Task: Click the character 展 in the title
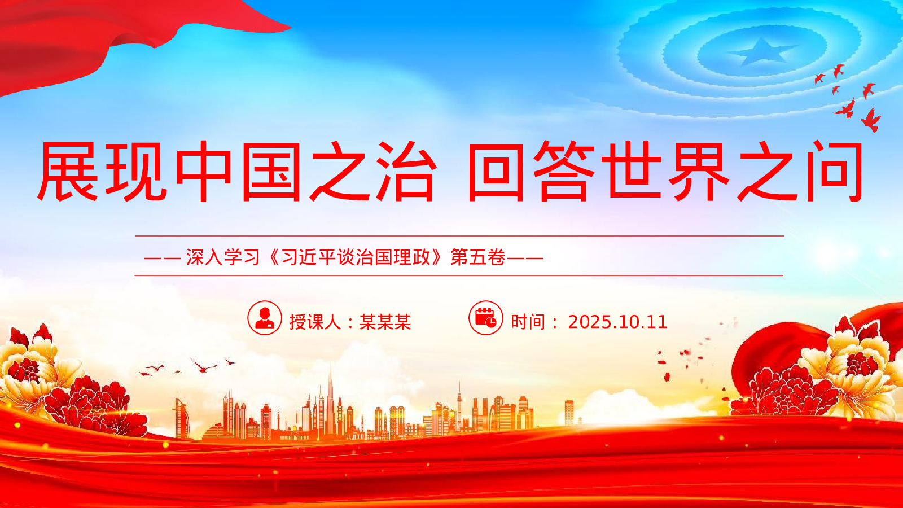click(68, 172)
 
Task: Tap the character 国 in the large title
click(271, 172)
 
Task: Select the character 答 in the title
click(564, 172)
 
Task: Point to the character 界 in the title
click(699, 172)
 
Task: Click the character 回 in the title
click(496, 172)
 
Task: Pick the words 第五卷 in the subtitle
click(477, 257)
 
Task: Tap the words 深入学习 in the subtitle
click(222, 257)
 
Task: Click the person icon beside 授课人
click(265, 318)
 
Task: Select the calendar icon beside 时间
click(486, 318)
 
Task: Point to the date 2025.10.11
click(617, 322)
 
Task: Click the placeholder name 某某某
click(385, 322)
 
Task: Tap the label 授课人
click(315, 322)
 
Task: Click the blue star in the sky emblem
click(760, 52)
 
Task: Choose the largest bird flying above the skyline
click(204, 366)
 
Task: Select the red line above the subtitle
click(459, 236)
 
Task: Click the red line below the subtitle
click(459, 275)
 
